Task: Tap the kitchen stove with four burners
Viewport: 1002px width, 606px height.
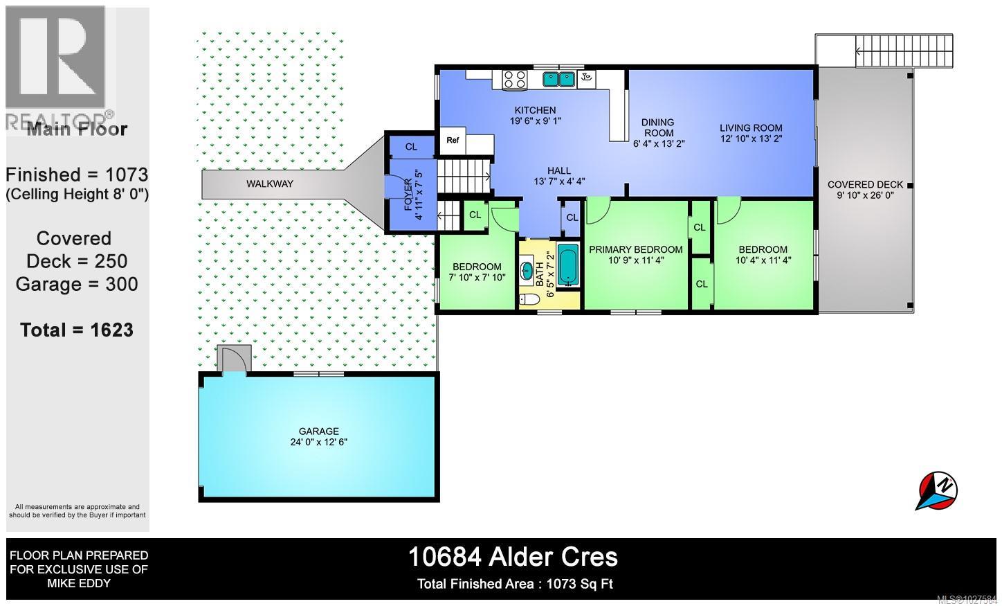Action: [x=513, y=79]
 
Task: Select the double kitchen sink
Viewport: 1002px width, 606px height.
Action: [x=559, y=79]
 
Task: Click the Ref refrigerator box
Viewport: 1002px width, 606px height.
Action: [x=453, y=141]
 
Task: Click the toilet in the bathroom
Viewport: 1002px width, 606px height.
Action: [x=527, y=299]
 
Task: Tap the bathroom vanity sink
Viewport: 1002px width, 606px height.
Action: [x=527, y=270]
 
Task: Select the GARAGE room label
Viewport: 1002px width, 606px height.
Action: [x=319, y=431]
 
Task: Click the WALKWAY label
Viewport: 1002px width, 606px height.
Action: [x=270, y=184]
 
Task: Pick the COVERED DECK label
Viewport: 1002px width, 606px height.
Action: [x=865, y=184]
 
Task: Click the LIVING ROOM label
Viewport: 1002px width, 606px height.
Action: [x=751, y=127]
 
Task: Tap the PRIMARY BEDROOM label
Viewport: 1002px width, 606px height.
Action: [x=635, y=249]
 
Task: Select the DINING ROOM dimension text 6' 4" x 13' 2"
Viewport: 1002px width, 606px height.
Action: [x=658, y=143]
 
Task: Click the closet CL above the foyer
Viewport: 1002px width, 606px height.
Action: [x=411, y=147]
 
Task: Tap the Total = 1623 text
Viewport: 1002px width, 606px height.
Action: [x=77, y=330]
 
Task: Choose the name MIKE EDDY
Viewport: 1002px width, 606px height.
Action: [x=78, y=582]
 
